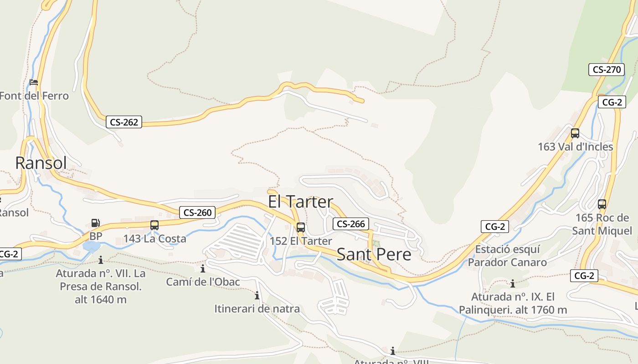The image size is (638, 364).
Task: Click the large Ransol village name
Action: point(41,163)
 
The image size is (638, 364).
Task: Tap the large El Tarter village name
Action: point(300,202)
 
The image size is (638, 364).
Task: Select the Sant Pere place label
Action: point(374,254)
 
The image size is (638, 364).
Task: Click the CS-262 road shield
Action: point(124,122)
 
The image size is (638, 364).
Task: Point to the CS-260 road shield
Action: point(197,212)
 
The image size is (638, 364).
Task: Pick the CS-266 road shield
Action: point(350,224)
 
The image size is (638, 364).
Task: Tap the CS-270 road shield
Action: point(606,70)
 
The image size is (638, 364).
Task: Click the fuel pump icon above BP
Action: point(96,223)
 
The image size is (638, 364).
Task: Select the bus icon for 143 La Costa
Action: point(154,225)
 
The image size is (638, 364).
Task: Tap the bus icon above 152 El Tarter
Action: point(301,227)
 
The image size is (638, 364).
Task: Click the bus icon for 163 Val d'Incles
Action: point(575,133)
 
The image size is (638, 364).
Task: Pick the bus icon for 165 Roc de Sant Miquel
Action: point(602,204)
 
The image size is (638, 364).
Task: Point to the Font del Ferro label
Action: point(34,96)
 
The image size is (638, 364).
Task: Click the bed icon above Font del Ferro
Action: point(34,82)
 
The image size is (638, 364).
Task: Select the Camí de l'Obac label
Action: point(203,282)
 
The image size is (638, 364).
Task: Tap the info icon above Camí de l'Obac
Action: point(203,269)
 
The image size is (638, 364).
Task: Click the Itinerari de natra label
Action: point(257,309)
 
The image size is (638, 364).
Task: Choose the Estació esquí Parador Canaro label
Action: point(507,256)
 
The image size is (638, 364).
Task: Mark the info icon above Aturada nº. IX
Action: point(513,284)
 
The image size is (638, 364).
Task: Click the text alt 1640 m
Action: point(101,300)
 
